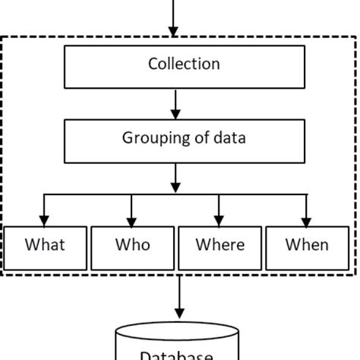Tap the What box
[45, 246]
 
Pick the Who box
[132, 246]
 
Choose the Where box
[219, 246]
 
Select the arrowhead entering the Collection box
[173, 31]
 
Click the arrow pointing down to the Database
[180, 296]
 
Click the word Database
[176, 355]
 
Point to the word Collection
[183, 64]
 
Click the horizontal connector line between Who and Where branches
[175, 195]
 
